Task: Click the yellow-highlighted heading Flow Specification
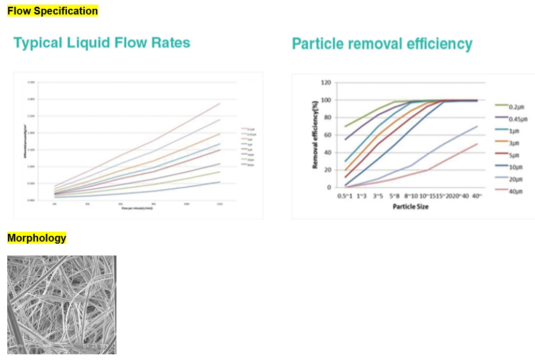click(x=52, y=11)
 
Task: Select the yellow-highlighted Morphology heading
click(x=37, y=238)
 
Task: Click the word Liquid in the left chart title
click(x=89, y=43)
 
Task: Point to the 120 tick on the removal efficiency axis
click(x=325, y=83)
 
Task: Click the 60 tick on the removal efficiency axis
click(x=327, y=135)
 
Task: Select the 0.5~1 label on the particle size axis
click(x=345, y=197)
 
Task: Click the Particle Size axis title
click(x=410, y=207)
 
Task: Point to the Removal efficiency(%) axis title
click(x=315, y=135)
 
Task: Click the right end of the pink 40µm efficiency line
click(x=477, y=144)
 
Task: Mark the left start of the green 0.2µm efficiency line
click(x=345, y=127)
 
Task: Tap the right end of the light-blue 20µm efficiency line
click(x=477, y=127)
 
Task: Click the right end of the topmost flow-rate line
click(x=220, y=103)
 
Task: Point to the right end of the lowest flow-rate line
click(x=220, y=182)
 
